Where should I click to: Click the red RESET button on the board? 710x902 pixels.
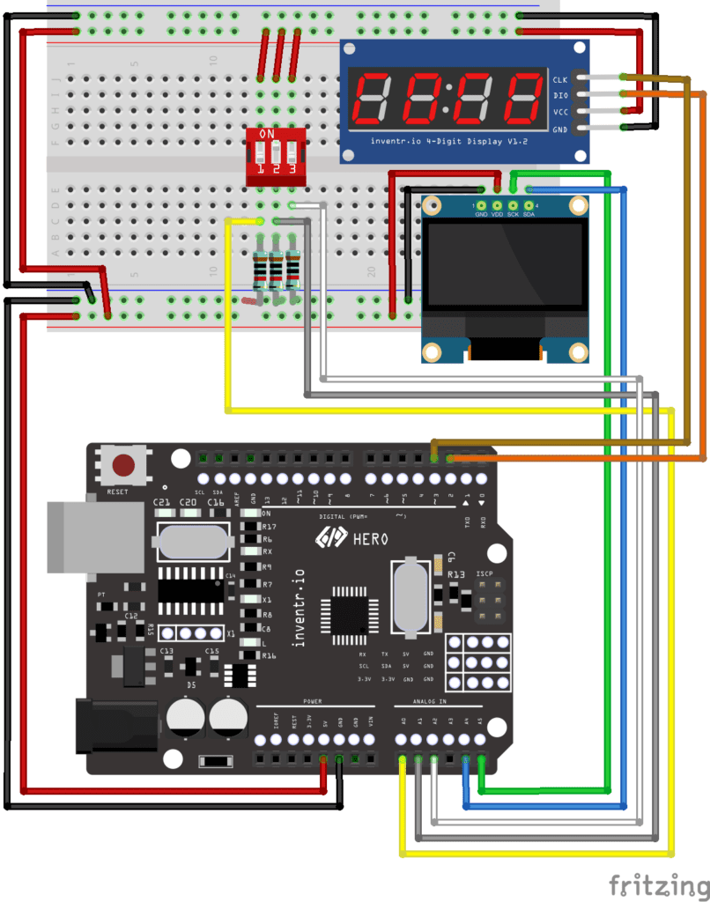(x=124, y=466)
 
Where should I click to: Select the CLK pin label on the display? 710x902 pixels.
(x=560, y=80)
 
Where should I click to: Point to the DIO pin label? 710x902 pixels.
(x=560, y=96)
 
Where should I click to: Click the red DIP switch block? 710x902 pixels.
(x=276, y=156)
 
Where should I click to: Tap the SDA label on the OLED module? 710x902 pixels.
(x=529, y=214)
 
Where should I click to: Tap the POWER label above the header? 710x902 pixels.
(x=313, y=702)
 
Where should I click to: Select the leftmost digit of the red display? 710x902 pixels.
(x=373, y=98)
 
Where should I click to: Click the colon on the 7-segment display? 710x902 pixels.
(x=447, y=99)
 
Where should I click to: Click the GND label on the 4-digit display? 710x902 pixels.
(x=560, y=129)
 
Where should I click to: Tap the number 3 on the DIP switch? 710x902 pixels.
(x=292, y=169)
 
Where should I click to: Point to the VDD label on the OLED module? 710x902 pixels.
(x=498, y=214)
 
